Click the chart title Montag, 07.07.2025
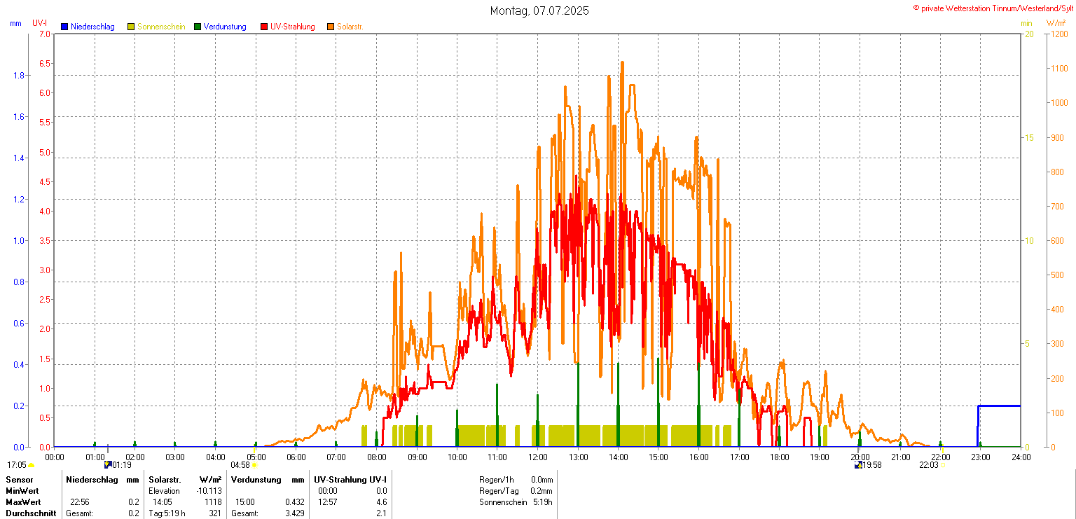(539, 11)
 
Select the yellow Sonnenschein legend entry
(160, 27)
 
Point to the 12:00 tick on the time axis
(538, 457)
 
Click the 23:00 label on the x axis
(980, 457)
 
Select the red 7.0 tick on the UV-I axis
(44, 34)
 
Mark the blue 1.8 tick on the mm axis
(19, 75)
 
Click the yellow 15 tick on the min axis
(1029, 137)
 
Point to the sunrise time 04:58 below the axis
(240, 464)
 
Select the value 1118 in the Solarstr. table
(212, 502)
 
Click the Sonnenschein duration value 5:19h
(542, 502)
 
